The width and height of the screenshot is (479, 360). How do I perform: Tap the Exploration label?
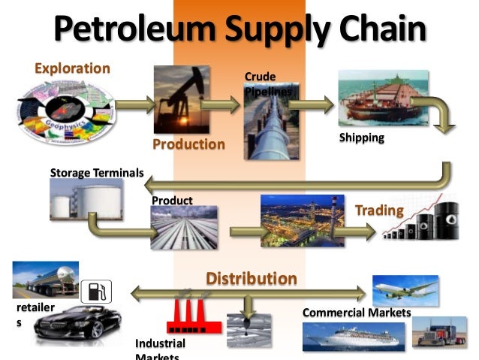coord(72,68)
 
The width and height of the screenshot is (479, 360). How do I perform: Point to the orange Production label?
coord(188,144)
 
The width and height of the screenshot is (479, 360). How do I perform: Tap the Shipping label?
coord(361,138)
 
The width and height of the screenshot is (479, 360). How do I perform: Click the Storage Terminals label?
coord(96,173)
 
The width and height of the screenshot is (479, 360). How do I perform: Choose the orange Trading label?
coord(379,210)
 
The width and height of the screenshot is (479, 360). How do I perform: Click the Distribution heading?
coord(252,279)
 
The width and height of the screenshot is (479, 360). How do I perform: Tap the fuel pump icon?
coord(95,291)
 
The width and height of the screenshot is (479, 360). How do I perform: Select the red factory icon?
coord(193,316)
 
